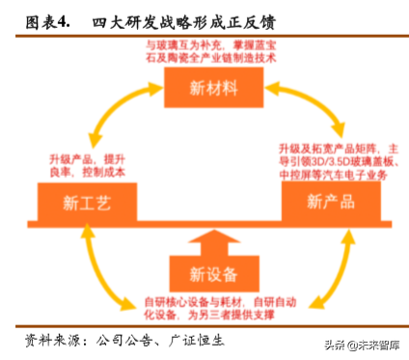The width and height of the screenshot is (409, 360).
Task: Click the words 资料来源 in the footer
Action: coord(49,342)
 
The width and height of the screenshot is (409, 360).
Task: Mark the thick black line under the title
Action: coord(204,34)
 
